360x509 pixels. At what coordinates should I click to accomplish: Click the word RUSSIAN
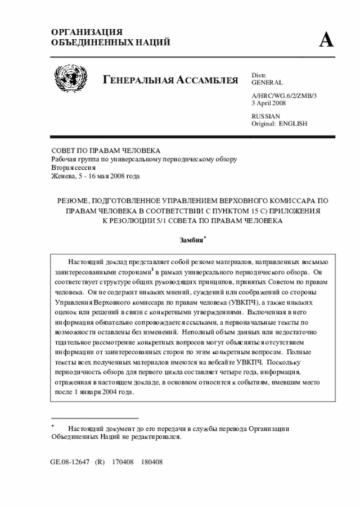click(265, 116)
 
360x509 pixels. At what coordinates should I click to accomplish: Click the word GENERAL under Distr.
click(267, 83)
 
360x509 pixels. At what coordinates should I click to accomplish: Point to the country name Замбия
click(191, 240)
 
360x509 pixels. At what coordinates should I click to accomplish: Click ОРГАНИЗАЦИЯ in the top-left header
click(87, 32)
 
